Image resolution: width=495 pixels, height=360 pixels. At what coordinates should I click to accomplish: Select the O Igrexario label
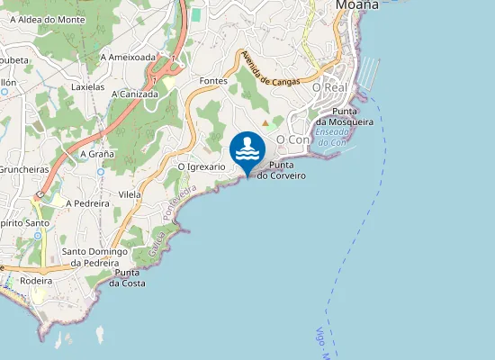coord(202,166)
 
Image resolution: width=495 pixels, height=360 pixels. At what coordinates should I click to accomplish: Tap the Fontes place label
coord(214,81)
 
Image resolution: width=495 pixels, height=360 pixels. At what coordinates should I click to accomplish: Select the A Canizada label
coord(135,93)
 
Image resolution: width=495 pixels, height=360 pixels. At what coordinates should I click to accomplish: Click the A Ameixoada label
coord(129,56)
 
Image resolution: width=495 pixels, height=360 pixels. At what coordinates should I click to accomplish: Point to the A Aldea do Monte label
coord(48,18)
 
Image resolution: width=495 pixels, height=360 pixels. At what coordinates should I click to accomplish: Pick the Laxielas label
coord(88,88)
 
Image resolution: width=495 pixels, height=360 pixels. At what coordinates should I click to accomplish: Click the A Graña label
coord(97,154)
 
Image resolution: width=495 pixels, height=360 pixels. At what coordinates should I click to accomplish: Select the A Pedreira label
coord(87,203)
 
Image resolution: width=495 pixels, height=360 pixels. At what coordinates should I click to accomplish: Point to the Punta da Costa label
coord(127,277)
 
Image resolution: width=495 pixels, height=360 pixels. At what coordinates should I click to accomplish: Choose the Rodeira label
coord(36,281)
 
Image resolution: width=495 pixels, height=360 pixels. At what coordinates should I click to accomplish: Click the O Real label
coord(329,87)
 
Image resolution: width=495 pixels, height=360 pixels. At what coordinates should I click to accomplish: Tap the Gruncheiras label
coord(22,168)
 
